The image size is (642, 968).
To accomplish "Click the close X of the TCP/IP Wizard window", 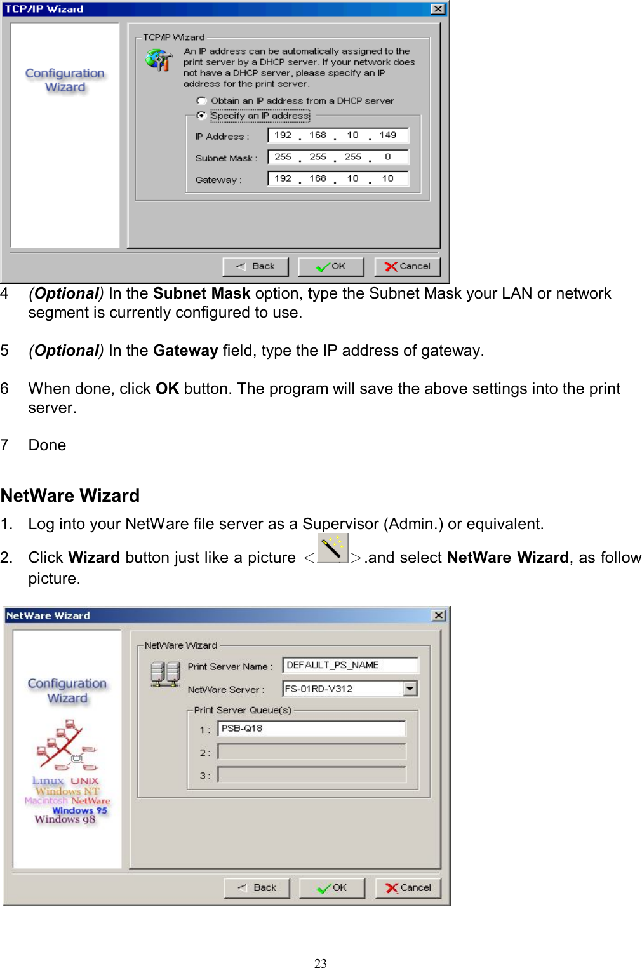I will click(x=438, y=9).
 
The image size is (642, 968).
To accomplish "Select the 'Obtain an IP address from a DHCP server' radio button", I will click(x=202, y=101).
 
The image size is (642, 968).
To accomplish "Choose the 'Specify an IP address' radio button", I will click(x=202, y=116).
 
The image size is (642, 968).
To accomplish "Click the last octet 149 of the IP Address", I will click(x=387, y=135).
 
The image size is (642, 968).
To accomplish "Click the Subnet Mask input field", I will click(x=338, y=157).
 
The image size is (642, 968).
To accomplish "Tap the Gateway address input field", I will click(x=338, y=179).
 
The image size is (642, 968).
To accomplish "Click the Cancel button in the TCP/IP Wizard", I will click(x=407, y=267).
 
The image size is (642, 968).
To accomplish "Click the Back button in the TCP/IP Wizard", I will click(x=255, y=267).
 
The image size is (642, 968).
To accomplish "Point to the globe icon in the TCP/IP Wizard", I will click(x=158, y=60).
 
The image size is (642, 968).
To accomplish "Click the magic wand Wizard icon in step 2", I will click(x=332, y=549).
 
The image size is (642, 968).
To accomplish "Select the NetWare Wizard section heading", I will click(x=70, y=495).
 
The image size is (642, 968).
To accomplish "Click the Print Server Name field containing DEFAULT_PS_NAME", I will click(x=350, y=665).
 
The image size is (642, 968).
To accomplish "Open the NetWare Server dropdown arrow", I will click(x=410, y=689).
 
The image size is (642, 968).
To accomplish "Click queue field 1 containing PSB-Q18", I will click(x=311, y=729).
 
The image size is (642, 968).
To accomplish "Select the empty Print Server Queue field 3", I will click(x=311, y=775).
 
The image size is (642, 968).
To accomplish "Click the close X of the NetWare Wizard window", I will click(x=438, y=615).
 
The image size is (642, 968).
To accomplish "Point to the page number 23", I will click(x=321, y=963).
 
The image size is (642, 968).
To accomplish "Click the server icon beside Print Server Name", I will click(x=165, y=674).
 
